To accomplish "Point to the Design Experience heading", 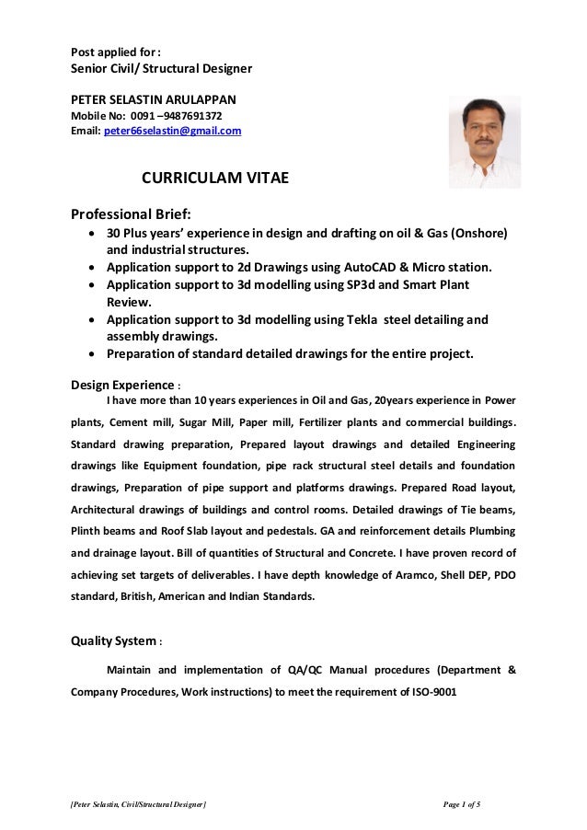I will pyautogui.click(x=114, y=385).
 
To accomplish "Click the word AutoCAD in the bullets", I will pyautogui.click(x=374, y=268).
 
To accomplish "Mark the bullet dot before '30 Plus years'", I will pyautogui.click(x=91, y=233).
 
